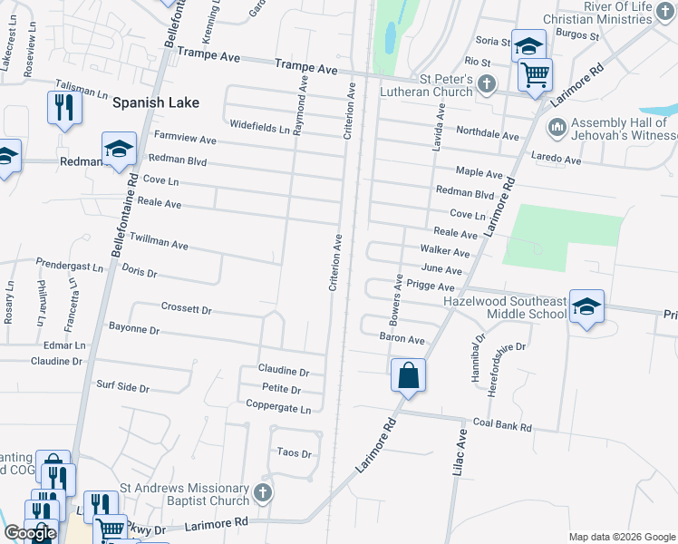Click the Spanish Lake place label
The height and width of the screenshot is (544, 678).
coord(155,102)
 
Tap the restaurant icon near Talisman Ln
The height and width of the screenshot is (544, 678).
coord(63,108)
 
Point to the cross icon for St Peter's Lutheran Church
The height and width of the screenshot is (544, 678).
coord(487,85)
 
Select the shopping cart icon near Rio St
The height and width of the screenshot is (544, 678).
coord(535,75)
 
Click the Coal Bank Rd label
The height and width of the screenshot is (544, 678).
coord(501,423)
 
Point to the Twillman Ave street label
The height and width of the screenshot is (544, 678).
coord(159,244)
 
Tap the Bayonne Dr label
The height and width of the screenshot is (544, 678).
coord(134,329)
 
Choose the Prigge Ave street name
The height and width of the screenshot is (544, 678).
coord(430,286)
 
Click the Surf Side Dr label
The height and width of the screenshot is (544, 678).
coord(122,387)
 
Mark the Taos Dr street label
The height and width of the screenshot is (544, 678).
coord(294,453)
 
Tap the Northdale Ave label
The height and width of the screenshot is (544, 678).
coord(487,134)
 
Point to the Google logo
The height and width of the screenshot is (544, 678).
coord(31,533)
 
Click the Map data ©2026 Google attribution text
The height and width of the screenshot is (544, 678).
coord(621,537)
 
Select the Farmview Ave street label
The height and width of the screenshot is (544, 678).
coord(185,140)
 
